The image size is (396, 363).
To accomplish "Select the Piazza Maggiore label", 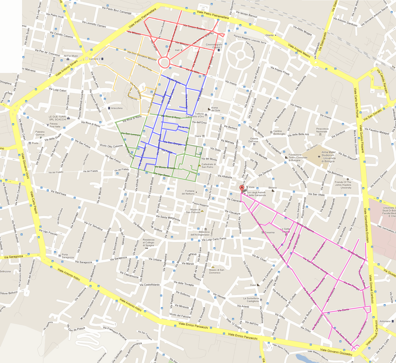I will (x=200, y=204).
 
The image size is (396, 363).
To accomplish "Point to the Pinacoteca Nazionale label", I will (x=322, y=130).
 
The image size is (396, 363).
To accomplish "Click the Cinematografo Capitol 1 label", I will (x=214, y=46).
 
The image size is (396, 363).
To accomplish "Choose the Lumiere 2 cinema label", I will (x=95, y=59).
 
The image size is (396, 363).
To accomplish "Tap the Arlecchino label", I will (x=117, y=108).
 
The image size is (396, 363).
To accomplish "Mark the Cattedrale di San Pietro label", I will (x=209, y=166).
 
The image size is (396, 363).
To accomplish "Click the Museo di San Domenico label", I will (x=216, y=271).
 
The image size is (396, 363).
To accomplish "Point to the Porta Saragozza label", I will (x=68, y=256).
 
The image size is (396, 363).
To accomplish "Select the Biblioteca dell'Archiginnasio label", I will (x=200, y=233).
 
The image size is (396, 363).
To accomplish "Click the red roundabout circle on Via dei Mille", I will (x=164, y=62).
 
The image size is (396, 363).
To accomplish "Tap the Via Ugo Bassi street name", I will (x=162, y=174).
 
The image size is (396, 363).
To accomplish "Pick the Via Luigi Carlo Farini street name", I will (x=214, y=239).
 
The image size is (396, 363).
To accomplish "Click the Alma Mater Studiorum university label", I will (x=328, y=157).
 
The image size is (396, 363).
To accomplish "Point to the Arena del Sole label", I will (x=215, y=109).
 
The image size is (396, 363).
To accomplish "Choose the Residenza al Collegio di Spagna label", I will (x=148, y=243).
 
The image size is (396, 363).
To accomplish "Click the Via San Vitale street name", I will (x=317, y=194).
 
